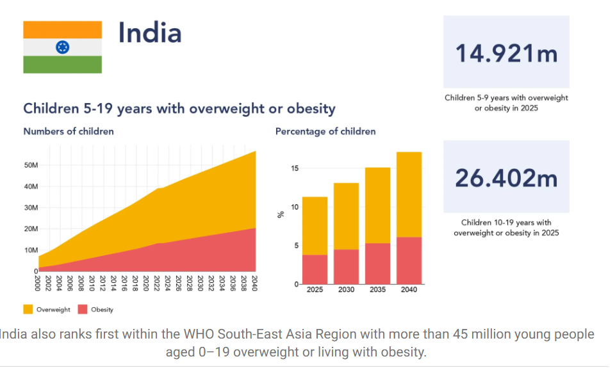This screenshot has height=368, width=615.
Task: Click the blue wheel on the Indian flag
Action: tap(62, 47)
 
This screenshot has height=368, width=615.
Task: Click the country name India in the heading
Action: tap(150, 33)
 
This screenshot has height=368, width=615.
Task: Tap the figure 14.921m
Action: tap(506, 53)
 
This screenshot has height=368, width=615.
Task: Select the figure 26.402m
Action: tap(506, 178)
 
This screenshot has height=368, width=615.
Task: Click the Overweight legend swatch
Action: tap(28, 309)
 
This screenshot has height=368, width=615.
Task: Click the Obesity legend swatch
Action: tap(83, 309)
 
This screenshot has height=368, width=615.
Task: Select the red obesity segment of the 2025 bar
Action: tap(315, 269)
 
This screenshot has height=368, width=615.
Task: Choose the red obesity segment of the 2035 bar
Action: tap(377, 263)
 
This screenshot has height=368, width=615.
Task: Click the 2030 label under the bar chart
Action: tap(346, 290)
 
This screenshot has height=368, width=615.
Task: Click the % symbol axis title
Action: tap(280, 214)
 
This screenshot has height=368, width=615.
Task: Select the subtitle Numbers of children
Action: tap(69, 131)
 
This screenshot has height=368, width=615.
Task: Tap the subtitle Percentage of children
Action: tap(325, 131)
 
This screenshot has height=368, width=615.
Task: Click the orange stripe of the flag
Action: tap(62, 29)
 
